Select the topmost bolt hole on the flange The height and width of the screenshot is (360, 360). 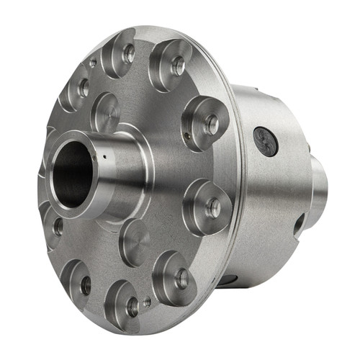point(129,53)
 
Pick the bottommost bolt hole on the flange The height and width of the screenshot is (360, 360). point(132,306)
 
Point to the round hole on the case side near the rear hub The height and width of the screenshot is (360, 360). point(297,225)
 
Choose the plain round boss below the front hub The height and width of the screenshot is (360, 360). point(134,243)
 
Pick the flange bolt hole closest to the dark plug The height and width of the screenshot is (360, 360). point(212,125)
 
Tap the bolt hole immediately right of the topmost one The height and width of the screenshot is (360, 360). point(178,66)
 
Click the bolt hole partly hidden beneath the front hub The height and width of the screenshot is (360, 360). point(58,227)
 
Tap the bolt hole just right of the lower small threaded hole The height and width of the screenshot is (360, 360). point(181,279)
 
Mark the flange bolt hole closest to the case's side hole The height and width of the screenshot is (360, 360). point(214,208)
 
